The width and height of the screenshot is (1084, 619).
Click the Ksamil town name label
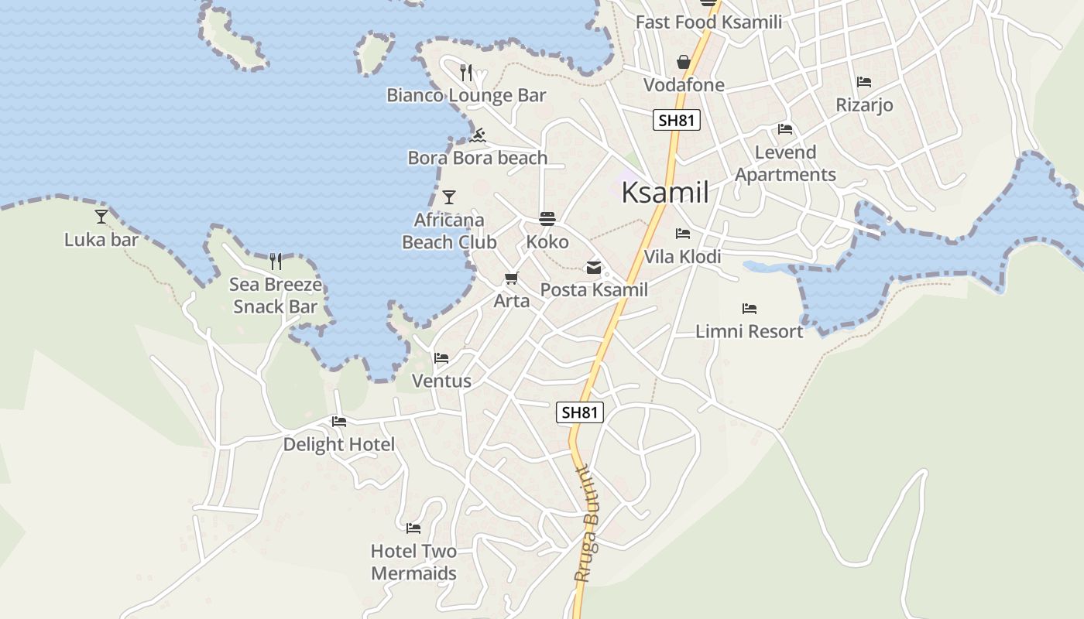(x=664, y=193)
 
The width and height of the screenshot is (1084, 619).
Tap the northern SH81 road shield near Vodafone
(x=676, y=120)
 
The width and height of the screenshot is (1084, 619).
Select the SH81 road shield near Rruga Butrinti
(x=579, y=412)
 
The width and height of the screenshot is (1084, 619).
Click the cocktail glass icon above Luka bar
(x=101, y=216)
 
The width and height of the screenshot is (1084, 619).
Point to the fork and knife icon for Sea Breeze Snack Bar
(x=276, y=261)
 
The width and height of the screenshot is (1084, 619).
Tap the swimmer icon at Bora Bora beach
(x=478, y=135)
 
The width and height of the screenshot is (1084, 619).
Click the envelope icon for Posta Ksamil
(x=594, y=268)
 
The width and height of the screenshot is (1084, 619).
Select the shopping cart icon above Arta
(x=511, y=278)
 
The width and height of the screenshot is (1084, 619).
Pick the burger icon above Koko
(x=547, y=219)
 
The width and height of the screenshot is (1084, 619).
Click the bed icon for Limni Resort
(x=749, y=308)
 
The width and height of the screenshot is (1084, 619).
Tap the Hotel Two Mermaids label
(x=413, y=563)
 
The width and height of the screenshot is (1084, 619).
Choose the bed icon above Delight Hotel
(x=339, y=422)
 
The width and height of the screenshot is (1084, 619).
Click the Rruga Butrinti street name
(x=588, y=523)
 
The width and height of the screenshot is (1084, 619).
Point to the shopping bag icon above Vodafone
(x=684, y=62)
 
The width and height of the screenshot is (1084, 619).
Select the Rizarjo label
(x=864, y=104)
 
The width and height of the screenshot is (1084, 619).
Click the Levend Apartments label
(x=785, y=163)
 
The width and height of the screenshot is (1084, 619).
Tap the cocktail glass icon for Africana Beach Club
(x=449, y=197)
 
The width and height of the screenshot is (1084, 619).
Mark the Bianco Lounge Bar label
(x=466, y=95)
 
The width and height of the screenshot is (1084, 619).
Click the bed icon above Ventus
(x=441, y=357)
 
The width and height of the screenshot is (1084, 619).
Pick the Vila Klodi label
(x=682, y=256)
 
